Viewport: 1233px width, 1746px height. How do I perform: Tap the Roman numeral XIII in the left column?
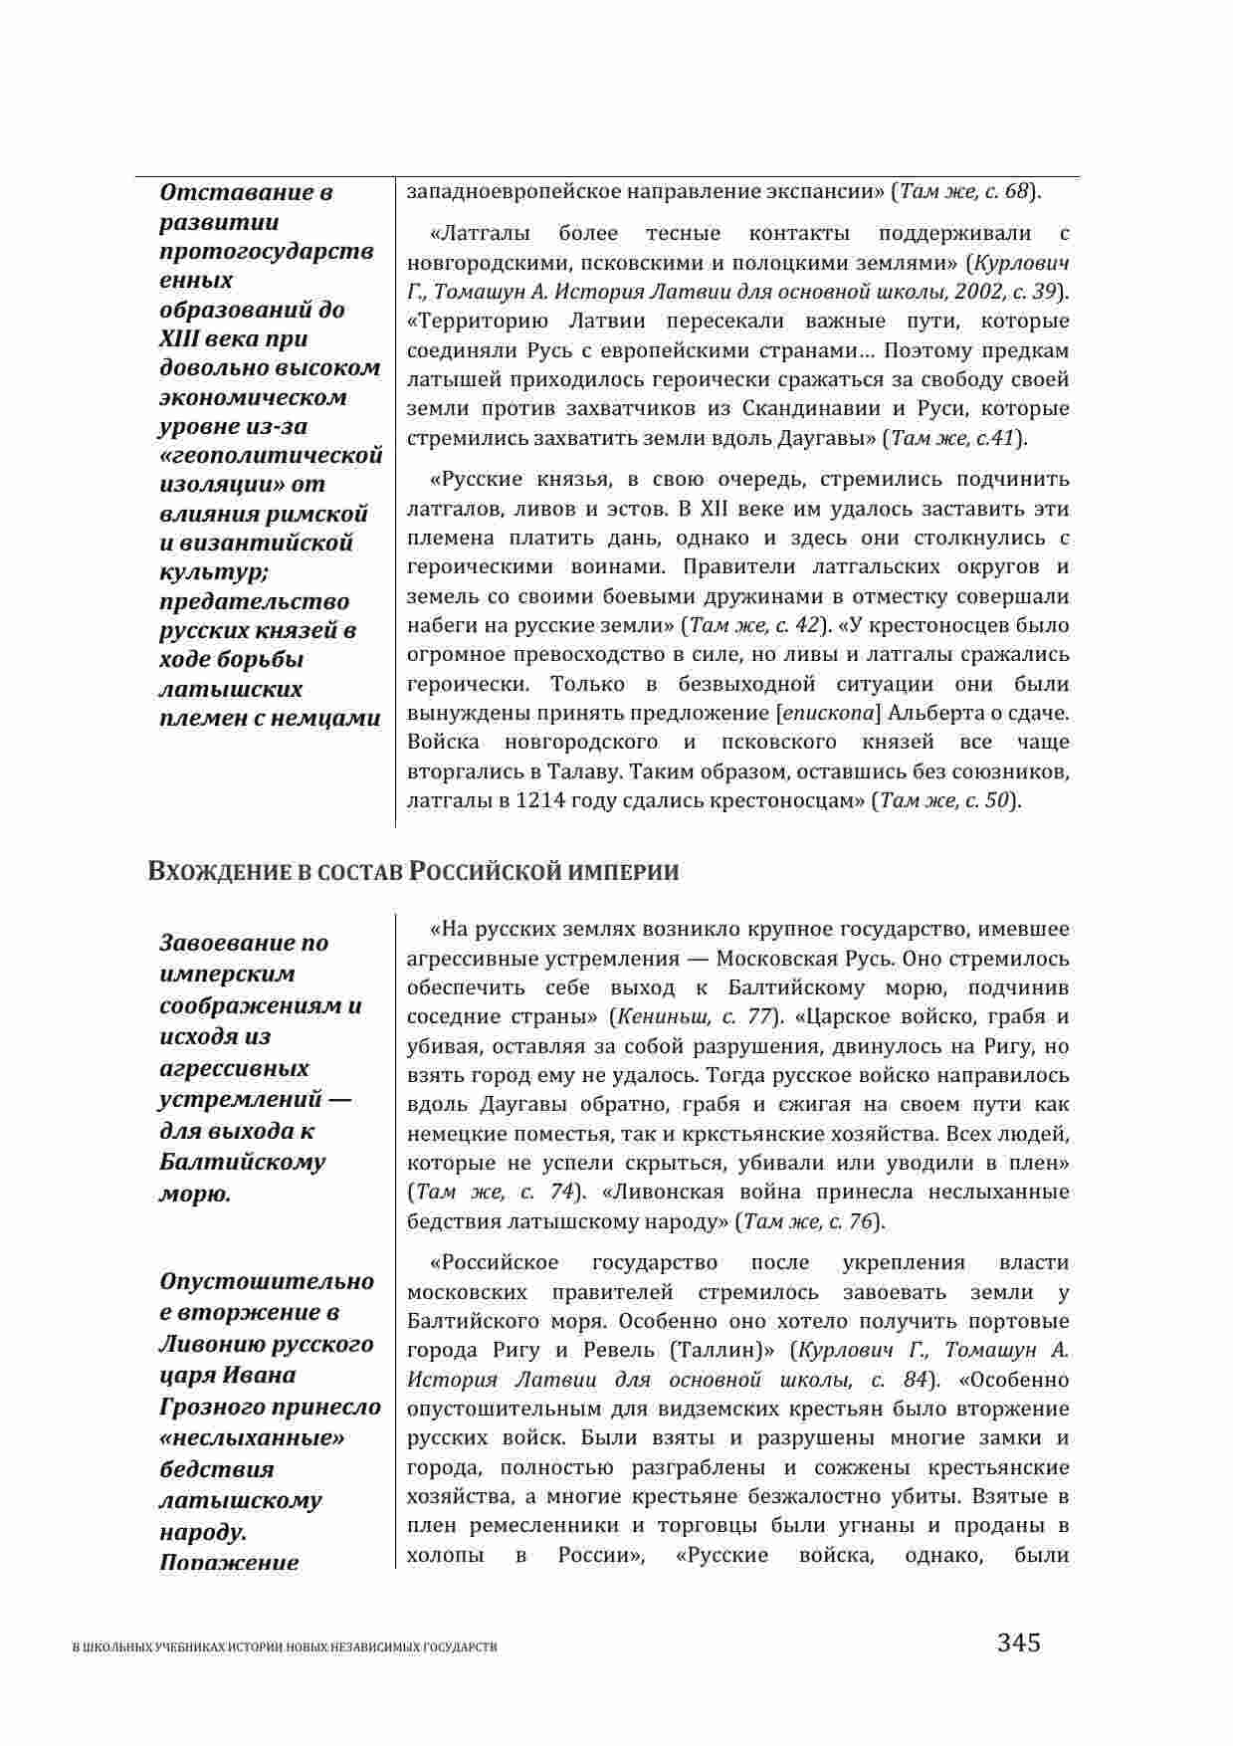pos(182,338)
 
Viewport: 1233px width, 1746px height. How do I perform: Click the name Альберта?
pos(930,713)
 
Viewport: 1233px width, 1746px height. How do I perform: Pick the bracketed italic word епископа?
pos(828,713)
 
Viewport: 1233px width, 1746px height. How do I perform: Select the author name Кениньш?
pos(656,1017)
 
